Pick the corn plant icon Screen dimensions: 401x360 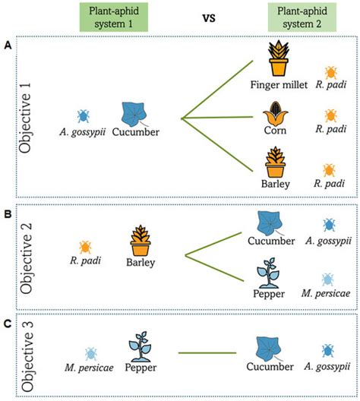coord(275,118)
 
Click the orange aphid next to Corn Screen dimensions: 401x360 coord(332,116)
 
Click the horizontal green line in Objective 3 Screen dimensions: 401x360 coord(206,352)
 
